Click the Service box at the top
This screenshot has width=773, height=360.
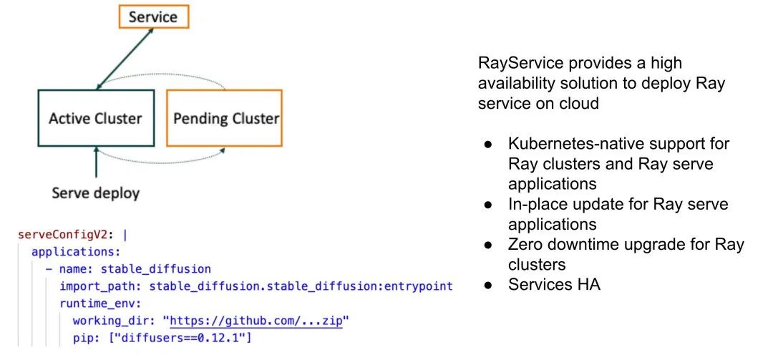tap(153, 16)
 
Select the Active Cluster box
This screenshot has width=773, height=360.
tap(96, 118)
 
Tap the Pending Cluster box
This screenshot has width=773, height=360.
tap(224, 118)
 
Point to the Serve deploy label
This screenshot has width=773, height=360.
tap(96, 193)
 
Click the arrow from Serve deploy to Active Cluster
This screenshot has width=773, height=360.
tap(96, 162)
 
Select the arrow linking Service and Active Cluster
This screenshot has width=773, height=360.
tap(125, 59)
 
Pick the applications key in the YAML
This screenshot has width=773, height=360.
tap(76, 251)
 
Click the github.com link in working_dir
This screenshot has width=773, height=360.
tap(256, 321)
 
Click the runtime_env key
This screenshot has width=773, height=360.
tap(100, 303)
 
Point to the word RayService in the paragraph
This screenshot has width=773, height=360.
tap(515, 64)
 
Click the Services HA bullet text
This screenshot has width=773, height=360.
tap(555, 285)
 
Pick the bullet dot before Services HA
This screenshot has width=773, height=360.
tap(488, 285)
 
